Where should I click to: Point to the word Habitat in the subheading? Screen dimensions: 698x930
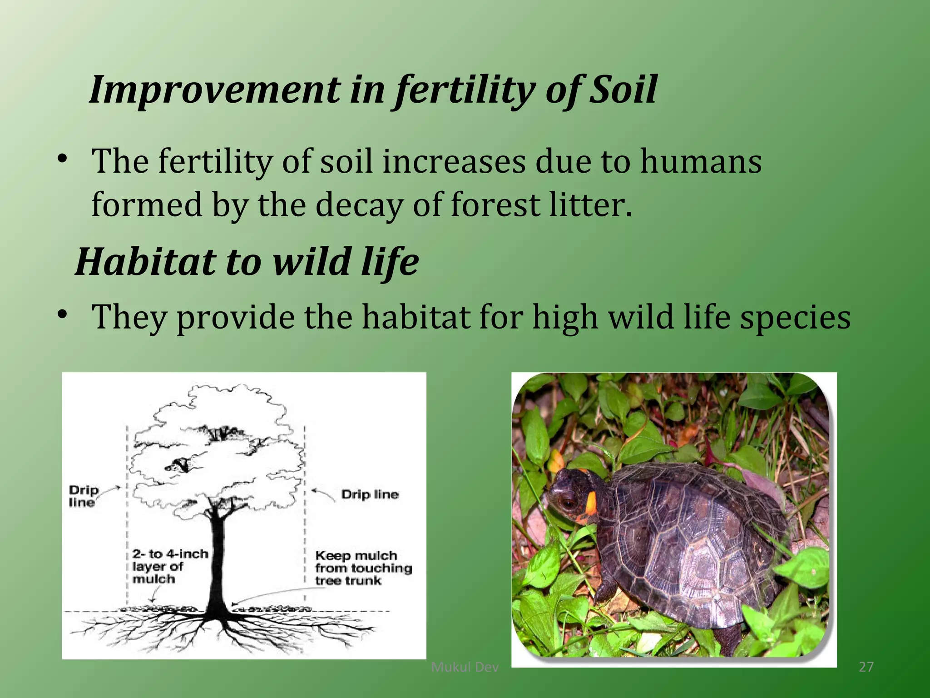click(x=146, y=262)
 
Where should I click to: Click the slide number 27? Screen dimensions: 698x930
click(x=866, y=667)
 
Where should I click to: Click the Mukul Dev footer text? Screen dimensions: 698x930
click(x=465, y=667)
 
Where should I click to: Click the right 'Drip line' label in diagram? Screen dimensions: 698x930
click(x=370, y=494)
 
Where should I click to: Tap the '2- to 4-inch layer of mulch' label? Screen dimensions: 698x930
click(x=170, y=566)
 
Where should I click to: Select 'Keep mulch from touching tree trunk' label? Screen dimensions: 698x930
click(x=363, y=568)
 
